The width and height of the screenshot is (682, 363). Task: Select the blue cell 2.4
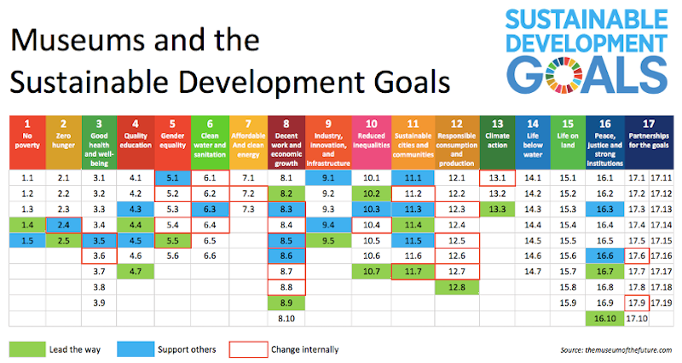click(63, 224)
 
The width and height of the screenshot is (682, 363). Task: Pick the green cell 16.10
click(605, 318)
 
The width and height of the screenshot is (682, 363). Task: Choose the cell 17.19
click(661, 302)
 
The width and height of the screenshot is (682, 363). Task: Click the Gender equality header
click(173, 141)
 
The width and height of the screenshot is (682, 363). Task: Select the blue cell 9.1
click(325, 177)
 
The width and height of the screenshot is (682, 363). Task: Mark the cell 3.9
click(100, 302)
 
